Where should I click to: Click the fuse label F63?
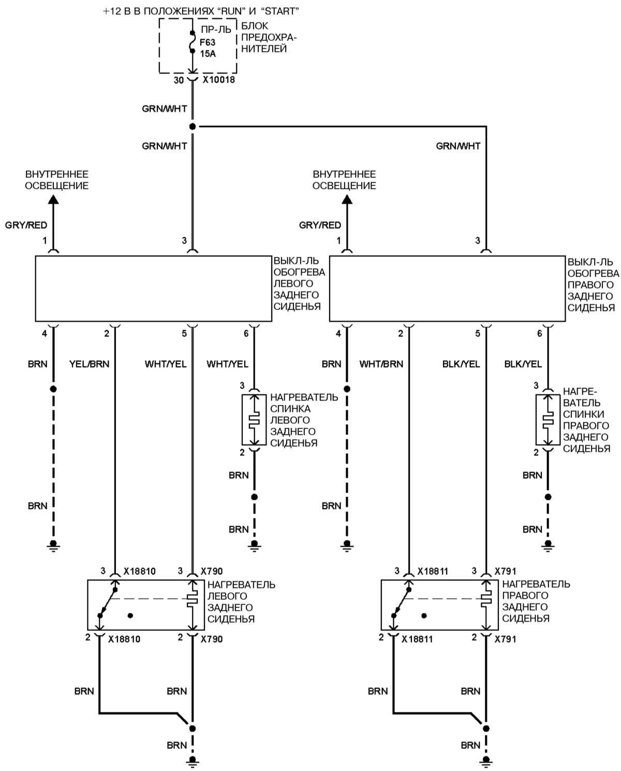click(208, 42)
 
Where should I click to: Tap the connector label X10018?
click(218, 80)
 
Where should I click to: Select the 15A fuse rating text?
click(208, 53)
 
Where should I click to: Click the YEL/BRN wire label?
click(90, 364)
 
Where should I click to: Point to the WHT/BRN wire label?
click(381, 364)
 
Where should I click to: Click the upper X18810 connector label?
click(139, 571)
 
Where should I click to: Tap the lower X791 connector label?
click(506, 639)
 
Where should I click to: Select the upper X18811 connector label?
click(433, 571)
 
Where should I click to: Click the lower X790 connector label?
click(212, 639)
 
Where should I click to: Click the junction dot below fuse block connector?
click(193, 126)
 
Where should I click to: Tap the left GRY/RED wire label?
click(26, 225)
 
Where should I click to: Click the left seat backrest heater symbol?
click(254, 420)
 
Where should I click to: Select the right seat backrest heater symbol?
click(548, 420)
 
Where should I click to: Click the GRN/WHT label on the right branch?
click(458, 146)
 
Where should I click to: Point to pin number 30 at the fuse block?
click(178, 80)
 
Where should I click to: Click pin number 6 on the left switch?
click(246, 334)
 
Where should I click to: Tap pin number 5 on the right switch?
click(478, 334)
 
